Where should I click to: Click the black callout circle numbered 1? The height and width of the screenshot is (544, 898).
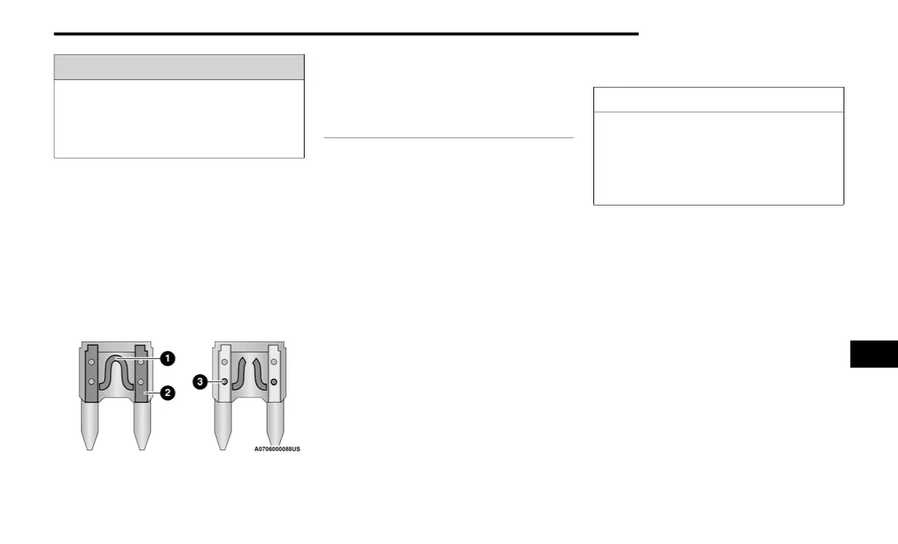click(x=168, y=358)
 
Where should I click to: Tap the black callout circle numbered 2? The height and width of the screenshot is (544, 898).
click(x=168, y=393)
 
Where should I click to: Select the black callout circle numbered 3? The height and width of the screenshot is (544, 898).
click(x=200, y=382)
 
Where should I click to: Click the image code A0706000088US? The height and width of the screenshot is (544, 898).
click(x=277, y=449)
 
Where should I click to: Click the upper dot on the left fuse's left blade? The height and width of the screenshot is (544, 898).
click(x=91, y=363)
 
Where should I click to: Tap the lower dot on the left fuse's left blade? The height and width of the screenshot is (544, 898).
click(x=91, y=382)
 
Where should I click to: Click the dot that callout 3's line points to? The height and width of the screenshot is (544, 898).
click(x=224, y=382)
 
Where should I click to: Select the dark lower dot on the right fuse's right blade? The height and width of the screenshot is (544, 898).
click(x=274, y=382)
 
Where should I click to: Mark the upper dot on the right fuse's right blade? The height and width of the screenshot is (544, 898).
click(x=274, y=363)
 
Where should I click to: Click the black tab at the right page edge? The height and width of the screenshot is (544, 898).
click(x=874, y=354)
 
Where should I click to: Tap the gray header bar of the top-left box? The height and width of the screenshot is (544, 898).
click(x=179, y=67)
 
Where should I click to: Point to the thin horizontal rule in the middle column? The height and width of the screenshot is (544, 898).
click(x=448, y=138)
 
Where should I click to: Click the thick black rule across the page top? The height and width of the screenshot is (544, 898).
click(x=346, y=34)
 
